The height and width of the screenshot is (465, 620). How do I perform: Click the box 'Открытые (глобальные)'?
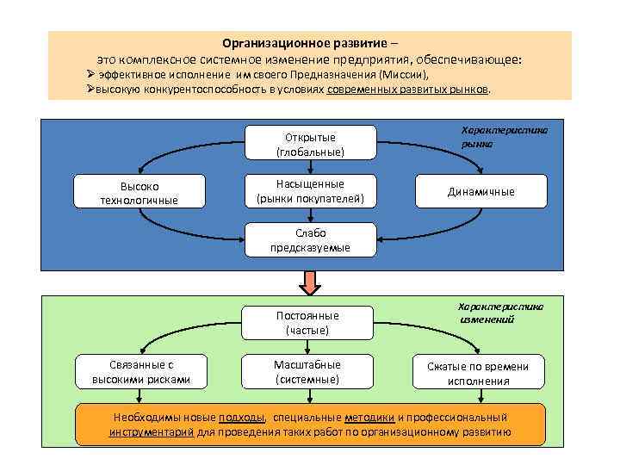(310, 143)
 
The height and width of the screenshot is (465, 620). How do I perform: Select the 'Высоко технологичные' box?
(139, 192)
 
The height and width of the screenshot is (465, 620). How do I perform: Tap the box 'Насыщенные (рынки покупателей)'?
(310, 192)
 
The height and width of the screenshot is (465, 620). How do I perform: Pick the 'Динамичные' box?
(480, 192)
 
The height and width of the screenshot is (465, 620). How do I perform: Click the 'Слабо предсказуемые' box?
(310, 240)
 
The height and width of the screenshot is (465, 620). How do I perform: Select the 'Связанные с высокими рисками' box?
(140, 372)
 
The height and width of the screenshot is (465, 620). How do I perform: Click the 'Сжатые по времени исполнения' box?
(479, 373)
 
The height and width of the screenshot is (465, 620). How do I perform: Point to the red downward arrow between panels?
(310, 282)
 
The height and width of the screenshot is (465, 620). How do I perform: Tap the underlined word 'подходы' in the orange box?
(243, 417)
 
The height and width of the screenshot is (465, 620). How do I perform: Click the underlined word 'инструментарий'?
(152, 432)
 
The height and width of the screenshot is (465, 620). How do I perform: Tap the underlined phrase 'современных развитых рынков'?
(407, 90)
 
